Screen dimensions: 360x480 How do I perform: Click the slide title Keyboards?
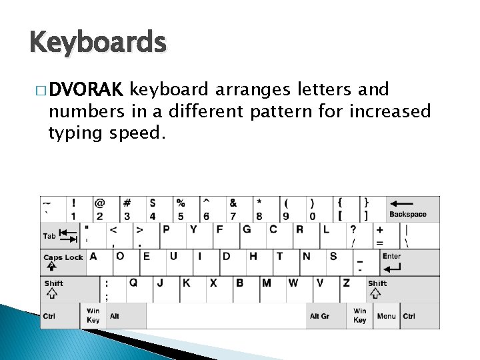pyautogui.click(x=97, y=43)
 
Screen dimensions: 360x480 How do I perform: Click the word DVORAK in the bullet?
pyautogui.click(x=85, y=89)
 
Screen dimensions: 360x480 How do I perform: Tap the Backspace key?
pyautogui.click(x=407, y=209)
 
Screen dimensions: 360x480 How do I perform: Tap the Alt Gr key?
pyautogui.click(x=319, y=316)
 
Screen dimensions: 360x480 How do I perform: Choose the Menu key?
pyautogui.click(x=386, y=316)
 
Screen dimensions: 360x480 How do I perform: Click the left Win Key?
pyautogui.click(x=93, y=315)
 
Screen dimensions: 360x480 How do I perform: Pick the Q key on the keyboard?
pyautogui.click(x=138, y=288)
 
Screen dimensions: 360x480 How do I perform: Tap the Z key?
pyautogui.click(x=351, y=288)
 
